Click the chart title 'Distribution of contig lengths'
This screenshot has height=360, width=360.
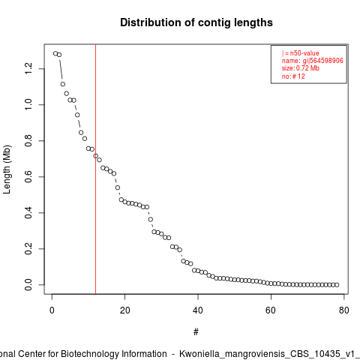[196, 22]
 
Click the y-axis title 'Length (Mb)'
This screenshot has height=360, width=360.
[7, 169]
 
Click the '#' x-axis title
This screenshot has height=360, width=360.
[196, 331]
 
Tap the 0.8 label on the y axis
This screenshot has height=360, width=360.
[28, 141]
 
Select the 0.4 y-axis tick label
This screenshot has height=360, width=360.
[28, 213]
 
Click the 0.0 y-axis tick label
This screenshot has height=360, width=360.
[28, 285]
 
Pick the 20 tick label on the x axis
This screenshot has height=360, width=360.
[124, 310]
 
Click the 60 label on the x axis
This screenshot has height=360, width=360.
[271, 310]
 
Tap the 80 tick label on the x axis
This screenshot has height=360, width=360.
[343, 310]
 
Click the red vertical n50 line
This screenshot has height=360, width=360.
[95, 169]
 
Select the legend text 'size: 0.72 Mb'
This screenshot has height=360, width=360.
[301, 68]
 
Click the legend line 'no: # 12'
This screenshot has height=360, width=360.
[293, 76]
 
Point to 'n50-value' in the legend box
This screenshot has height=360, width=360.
[304, 53]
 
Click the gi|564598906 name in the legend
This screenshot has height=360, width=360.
[323, 61]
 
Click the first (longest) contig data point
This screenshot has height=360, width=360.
[55, 53]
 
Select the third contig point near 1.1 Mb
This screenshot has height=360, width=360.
[63, 84]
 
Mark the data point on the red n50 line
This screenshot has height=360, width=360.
[95, 156]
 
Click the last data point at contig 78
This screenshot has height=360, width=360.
[337, 285]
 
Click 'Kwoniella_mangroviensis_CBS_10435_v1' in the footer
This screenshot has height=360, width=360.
[268, 354]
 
